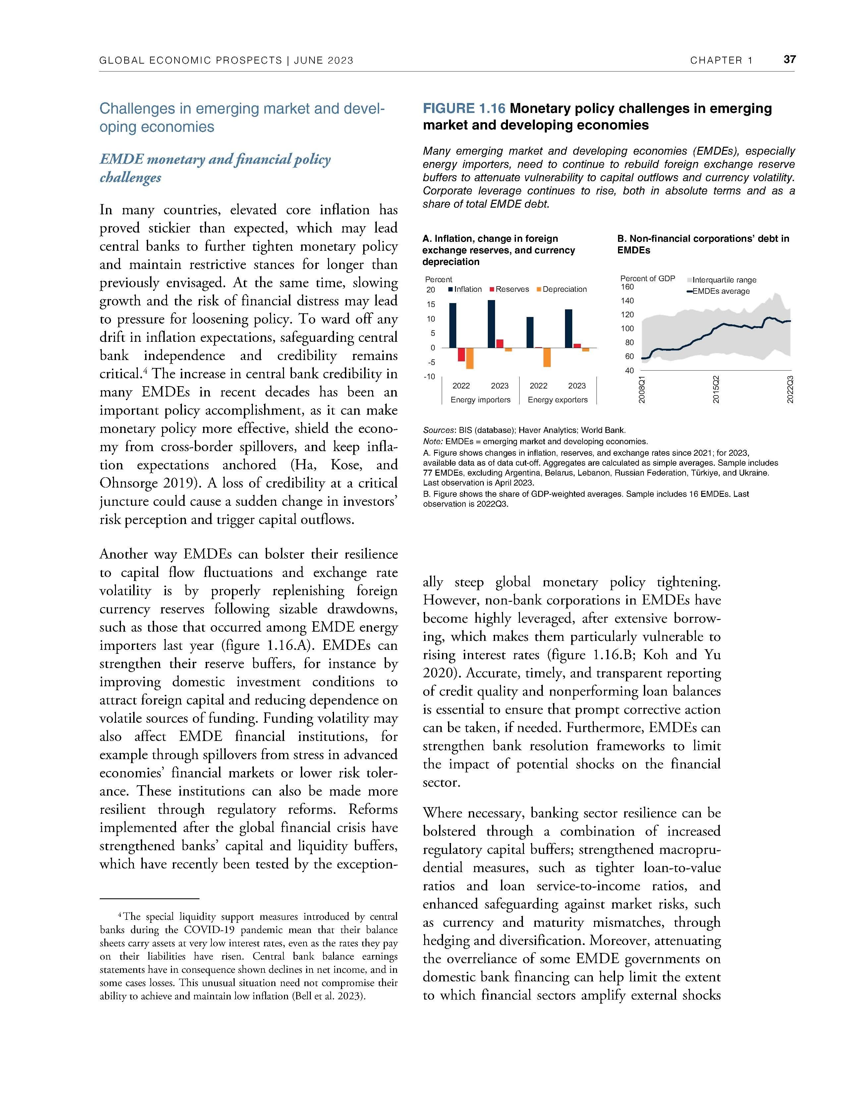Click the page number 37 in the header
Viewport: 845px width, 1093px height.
pos(789,60)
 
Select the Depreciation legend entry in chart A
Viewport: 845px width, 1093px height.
pos(562,289)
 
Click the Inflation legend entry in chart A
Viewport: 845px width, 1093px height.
pos(465,289)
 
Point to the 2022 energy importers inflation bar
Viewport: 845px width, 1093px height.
pos(453,325)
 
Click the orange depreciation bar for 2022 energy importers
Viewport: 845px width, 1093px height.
pos(470,358)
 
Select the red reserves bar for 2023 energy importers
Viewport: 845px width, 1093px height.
pos(500,343)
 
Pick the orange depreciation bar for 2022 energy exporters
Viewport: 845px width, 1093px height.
pos(547,357)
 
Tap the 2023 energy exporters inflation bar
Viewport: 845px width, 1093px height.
pos(568,328)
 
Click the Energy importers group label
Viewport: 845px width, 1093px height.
pos(480,400)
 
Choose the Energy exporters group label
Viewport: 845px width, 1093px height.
pos(558,400)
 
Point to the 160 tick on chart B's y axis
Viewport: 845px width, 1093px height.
pos(627,287)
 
